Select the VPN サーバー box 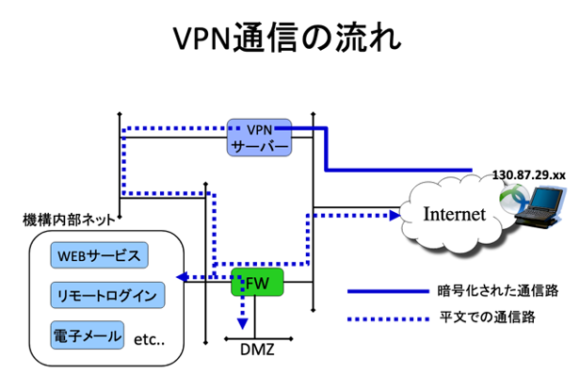point(258,138)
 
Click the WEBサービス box point(99,256)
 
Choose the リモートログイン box point(106,295)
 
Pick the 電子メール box point(88,334)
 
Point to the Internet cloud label point(454,214)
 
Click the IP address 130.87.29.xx point(527,176)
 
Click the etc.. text point(150,336)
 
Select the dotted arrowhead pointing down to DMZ point(243,323)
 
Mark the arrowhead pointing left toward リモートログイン point(182,277)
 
